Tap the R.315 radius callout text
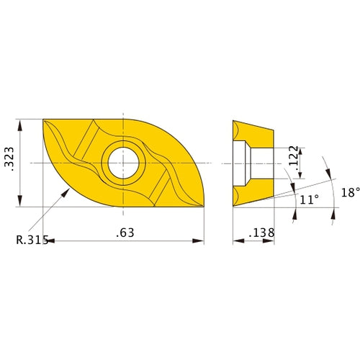[30, 240]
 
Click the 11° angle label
[308, 200]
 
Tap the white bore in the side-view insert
[255, 163]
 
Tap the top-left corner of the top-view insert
[44, 120]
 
